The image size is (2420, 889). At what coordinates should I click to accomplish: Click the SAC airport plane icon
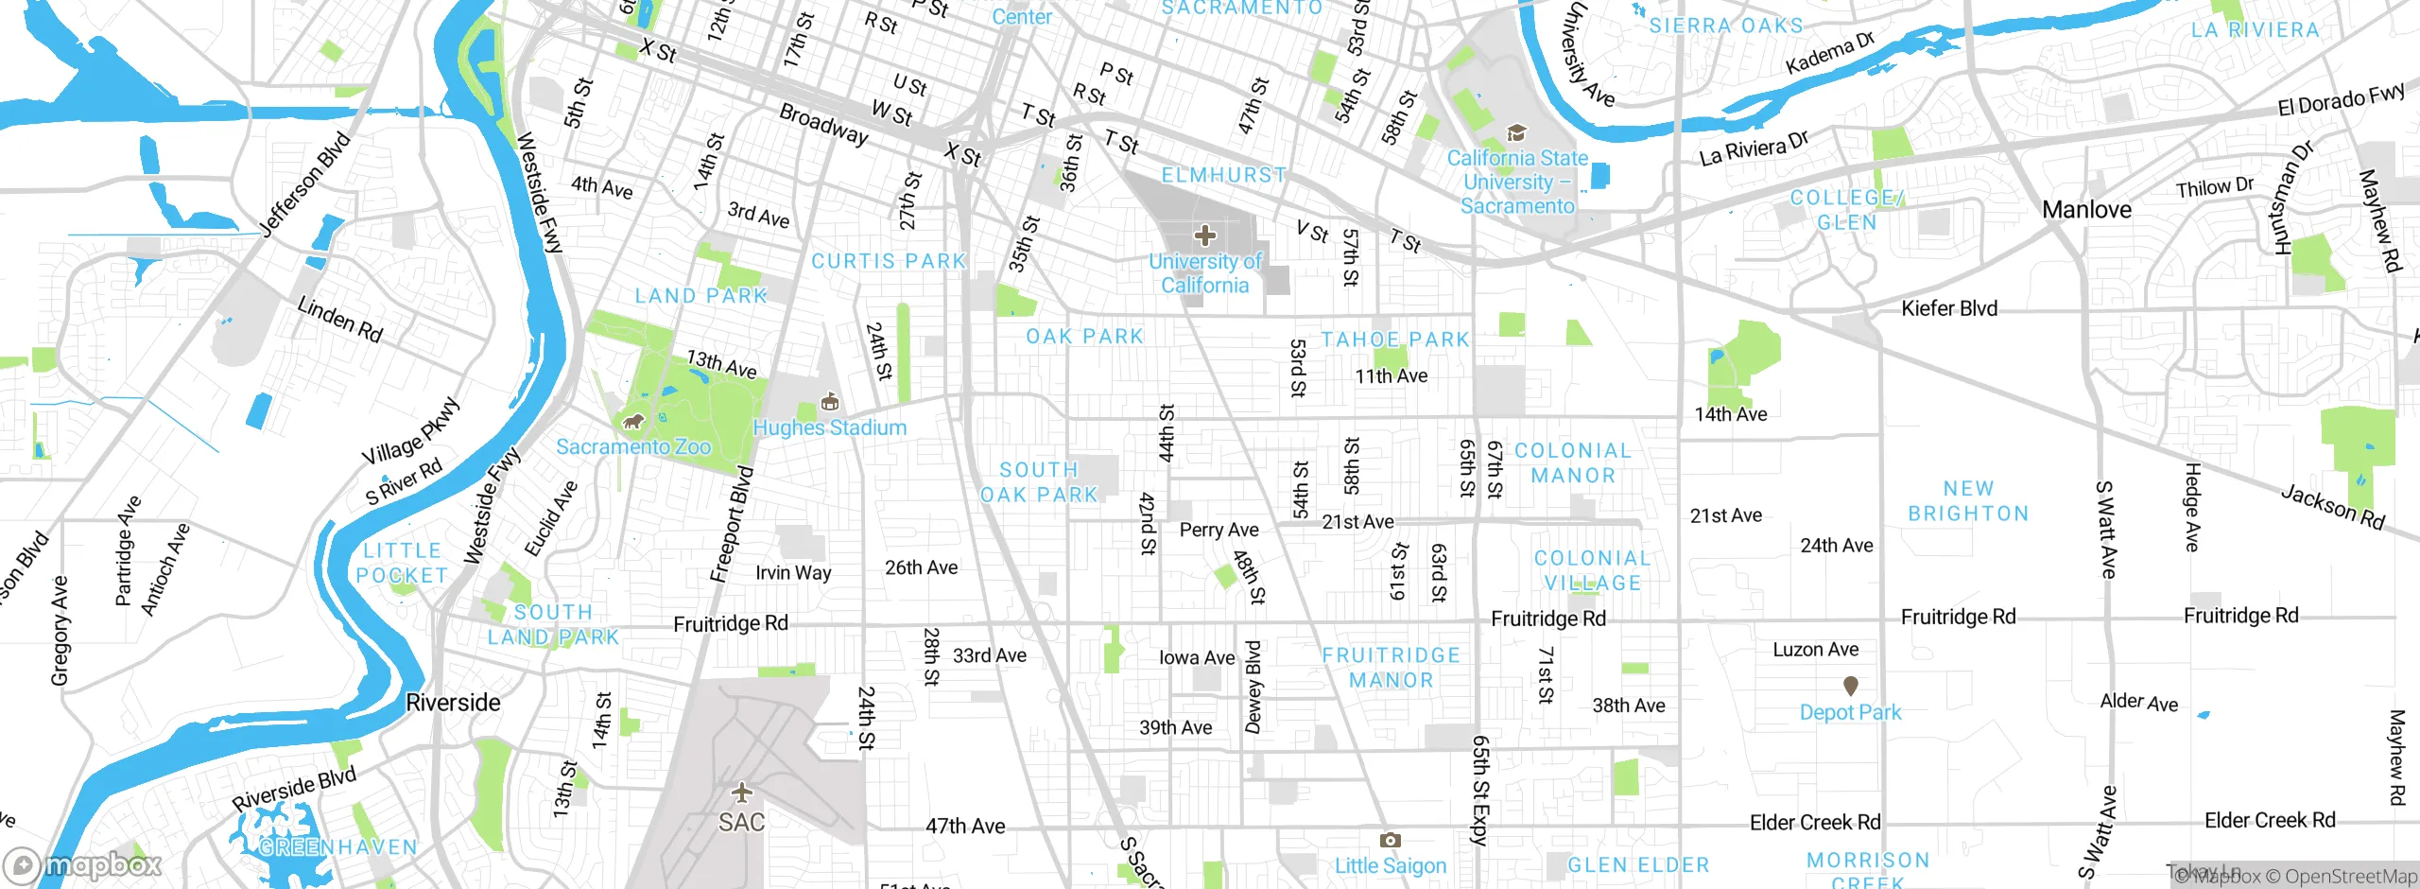coord(742,792)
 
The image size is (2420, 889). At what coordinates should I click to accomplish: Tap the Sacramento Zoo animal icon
coord(632,422)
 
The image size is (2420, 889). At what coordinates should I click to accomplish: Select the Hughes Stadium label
coord(829,428)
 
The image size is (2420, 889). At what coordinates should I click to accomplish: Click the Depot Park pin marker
coord(1851,685)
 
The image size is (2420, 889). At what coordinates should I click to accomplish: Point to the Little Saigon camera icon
coord(1390,840)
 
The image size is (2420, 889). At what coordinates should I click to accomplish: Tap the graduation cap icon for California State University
coord(1516,133)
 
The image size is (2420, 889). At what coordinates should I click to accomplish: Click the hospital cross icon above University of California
coord(1204,235)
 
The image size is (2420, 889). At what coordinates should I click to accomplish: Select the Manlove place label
coord(2086,210)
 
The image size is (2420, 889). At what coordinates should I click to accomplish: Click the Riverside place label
coord(453,703)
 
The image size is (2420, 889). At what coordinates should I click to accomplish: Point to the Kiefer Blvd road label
coord(1949,308)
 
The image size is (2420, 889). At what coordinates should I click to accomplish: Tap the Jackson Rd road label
coord(2333,508)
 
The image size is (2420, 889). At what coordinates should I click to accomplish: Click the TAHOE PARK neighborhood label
coord(1395,340)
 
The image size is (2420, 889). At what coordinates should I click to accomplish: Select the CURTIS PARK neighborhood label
coord(889,261)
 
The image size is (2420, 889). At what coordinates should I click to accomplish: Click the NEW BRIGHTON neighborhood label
coord(1968,501)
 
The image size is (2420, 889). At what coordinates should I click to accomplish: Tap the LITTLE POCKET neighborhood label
coord(402,563)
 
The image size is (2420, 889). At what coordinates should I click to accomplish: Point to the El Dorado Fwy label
coord(2341,99)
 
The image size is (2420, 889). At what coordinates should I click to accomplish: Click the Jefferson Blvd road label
coord(304,184)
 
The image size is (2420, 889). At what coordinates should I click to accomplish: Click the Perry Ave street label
coord(1219,531)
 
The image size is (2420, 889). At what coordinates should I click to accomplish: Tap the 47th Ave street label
coord(965,827)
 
